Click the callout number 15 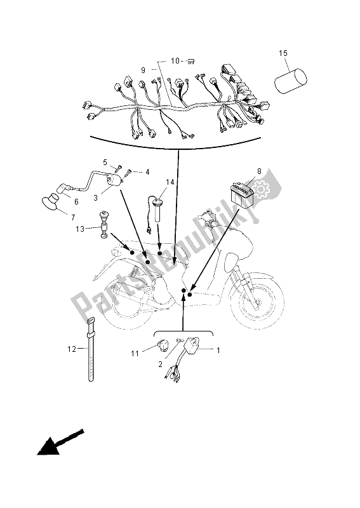[283, 53]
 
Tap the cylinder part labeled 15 [290, 81]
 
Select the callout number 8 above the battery [259, 171]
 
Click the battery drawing [242, 194]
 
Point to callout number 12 [72, 349]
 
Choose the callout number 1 [218, 351]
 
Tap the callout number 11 [135, 353]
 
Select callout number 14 [170, 182]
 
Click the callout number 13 [80, 229]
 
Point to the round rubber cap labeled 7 [51, 201]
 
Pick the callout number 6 [76, 202]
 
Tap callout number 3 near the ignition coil [96, 197]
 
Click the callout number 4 [147, 172]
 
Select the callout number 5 [105, 162]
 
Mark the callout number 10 [175, 60]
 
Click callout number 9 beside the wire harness [143, 70]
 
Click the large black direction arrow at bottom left [60, 443]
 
